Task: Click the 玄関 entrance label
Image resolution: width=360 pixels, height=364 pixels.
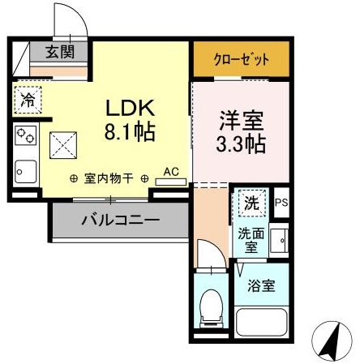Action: coord(60,52)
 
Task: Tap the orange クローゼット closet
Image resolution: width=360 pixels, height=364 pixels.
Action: coord(242,59)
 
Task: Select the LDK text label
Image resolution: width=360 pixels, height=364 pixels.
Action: coord(131,108)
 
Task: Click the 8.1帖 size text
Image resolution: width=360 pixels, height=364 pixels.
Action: coord(130,131)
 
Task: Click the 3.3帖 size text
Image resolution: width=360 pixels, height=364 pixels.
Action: coord(241,143)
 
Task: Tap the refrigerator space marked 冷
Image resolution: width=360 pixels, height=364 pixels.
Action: coord(28,100)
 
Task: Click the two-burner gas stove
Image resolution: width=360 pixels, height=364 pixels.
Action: coord(26,135)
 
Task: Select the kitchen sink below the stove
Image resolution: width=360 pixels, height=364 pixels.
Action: coord(26,172)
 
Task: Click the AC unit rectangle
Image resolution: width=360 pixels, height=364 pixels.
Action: coord(171,182)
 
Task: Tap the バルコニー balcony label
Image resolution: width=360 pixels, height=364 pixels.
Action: coord(121,221)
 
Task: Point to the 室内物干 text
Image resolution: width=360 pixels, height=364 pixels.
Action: coord(109,178)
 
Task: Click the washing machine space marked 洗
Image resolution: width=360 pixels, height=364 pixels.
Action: coord(252,203)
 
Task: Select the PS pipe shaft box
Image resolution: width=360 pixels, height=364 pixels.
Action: coord(281,203)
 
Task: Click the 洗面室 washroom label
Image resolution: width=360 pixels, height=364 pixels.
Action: coord(251,241)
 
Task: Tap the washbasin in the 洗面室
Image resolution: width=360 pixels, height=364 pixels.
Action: coord(279,241)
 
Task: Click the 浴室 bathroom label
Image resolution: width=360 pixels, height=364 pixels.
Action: coord(261,285)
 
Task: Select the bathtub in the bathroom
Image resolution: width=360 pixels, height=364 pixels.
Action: coord(261,322)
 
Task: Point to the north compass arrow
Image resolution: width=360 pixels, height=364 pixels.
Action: coord(332,338)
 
